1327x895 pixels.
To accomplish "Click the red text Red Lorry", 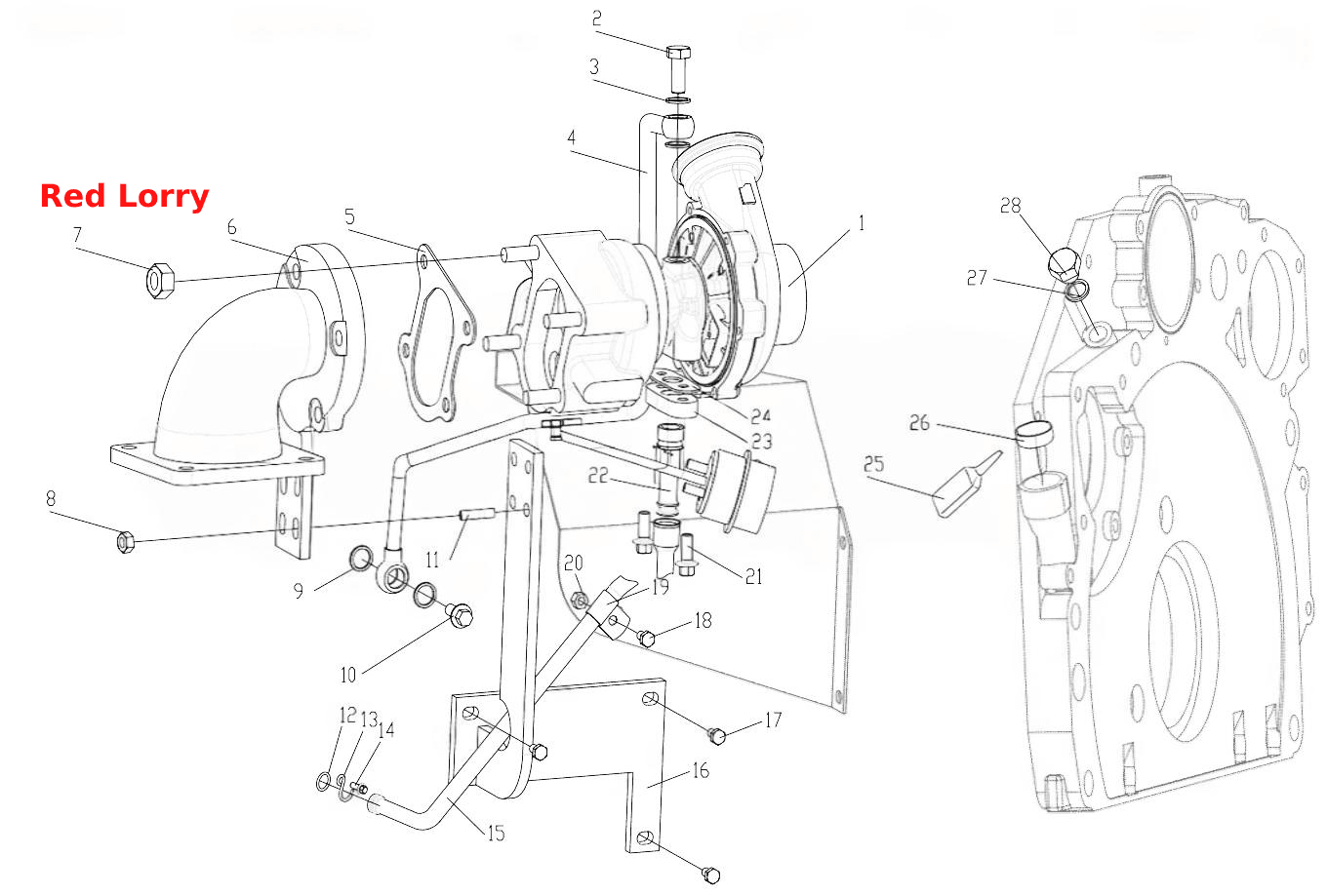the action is [x=125, y=197].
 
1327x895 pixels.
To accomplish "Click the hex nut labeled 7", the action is [x=160, y=281].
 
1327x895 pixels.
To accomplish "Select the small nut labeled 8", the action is [x=125, y=542].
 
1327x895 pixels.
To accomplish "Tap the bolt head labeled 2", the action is [x=678, y=52].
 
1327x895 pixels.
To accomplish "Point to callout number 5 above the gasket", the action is [x=350, y=216].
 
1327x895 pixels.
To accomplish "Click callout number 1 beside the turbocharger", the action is [x=862, y=223].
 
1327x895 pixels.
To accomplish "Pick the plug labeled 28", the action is [x=1064, y=265].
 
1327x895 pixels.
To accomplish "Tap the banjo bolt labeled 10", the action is [x=461, y=615].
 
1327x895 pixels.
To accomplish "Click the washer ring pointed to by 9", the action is [x=361, y=559].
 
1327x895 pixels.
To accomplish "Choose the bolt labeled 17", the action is [x=717, y=736].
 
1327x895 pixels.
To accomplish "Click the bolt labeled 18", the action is [x=646, y=638].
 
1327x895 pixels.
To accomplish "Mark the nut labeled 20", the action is [x=580, y=602].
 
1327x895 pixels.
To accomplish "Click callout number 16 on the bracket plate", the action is [x=701, y=770].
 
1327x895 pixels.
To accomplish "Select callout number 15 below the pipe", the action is [x=497, y=834].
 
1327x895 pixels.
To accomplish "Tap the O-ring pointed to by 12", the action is [x=323, y=782].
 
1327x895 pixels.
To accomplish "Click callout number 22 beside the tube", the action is [x=598, y=476].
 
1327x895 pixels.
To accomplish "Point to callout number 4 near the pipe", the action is [x=571, y=137].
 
